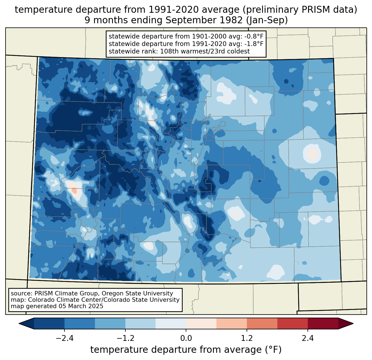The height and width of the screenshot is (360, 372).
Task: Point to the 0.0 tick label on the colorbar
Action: (186, 339)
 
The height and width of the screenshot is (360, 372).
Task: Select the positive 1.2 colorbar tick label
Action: (247, 339)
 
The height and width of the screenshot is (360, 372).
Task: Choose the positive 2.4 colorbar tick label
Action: (308, 339)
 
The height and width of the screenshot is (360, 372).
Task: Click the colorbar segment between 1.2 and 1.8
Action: (262, 323)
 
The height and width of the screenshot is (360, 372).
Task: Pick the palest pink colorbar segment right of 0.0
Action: (201, 323)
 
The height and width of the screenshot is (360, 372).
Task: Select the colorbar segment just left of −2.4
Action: (49, 323)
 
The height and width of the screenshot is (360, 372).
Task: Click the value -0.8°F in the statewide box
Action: (251, 37)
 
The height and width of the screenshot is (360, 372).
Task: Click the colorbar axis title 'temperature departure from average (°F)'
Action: (186, 350)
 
